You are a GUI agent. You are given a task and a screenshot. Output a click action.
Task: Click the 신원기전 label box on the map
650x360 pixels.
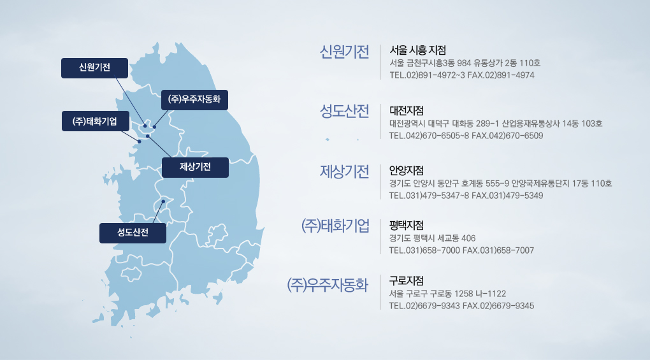click(94, 68)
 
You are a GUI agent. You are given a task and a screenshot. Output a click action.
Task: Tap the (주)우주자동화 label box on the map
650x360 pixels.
click(194, 100)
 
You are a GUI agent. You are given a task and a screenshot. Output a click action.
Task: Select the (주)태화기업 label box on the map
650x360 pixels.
click(96, 121)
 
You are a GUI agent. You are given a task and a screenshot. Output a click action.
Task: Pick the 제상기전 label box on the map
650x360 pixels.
click(195, 168)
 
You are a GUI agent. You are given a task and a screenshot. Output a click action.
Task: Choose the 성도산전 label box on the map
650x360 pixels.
click(133, 233)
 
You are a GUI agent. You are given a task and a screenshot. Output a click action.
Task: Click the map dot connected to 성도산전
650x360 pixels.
click(163, 202)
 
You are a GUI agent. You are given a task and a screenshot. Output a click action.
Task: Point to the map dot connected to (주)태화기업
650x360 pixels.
click(140, 141)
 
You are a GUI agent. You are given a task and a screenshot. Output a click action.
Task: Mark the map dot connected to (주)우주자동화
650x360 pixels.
click(155, 127)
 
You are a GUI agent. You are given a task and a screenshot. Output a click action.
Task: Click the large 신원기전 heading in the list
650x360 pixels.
click(344, 52)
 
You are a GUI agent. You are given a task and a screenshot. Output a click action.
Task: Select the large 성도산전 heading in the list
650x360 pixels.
click(344, 111)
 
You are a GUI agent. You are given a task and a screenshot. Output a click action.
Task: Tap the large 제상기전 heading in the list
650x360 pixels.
click(344, 171)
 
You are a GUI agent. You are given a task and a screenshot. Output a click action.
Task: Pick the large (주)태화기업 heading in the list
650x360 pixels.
click(335, 226)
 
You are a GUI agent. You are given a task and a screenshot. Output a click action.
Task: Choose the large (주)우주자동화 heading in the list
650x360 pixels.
click(328, 285)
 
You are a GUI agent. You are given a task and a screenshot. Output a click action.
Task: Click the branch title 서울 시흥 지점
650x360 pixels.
click(417, 50)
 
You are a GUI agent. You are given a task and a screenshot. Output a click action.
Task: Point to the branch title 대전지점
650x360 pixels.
click(407, 111)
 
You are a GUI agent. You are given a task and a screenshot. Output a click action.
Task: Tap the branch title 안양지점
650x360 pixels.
click(407, 170)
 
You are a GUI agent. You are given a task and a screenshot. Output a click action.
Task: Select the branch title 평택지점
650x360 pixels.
click(407, 226)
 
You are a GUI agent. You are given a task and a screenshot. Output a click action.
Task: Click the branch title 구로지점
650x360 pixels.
click(407, 281)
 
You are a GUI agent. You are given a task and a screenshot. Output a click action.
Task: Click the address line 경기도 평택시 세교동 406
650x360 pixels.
click(432, 238)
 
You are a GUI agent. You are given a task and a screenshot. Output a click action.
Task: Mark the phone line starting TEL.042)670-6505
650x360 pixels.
click(466, 136)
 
